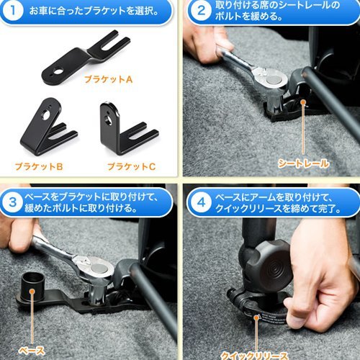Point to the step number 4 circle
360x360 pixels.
click(x=198, y=199)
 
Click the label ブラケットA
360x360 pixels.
click(x=108, y=79)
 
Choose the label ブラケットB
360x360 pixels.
click(x=39, y=166)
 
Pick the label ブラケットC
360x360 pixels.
click(x=130, y=166)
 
